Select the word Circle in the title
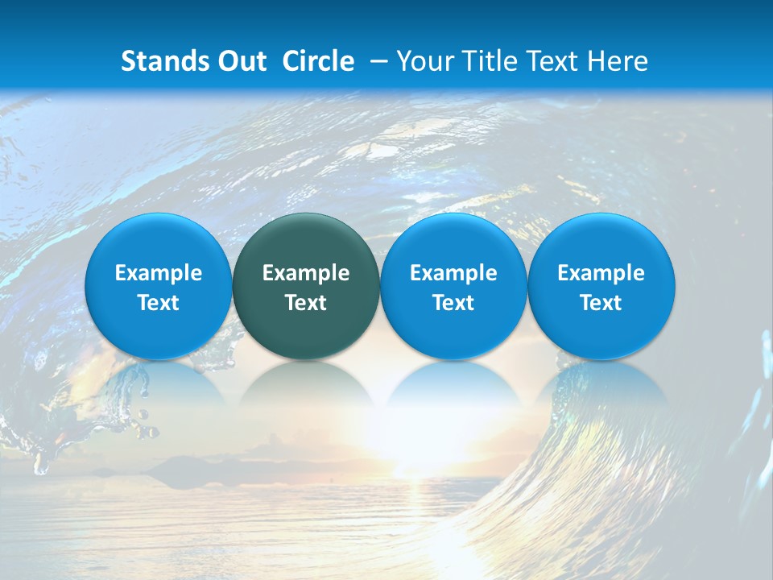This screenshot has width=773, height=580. click(x=318, y=61)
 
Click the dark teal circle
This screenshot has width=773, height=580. click(x=306, y=286)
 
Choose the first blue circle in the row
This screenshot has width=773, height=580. click(x=158, y=286)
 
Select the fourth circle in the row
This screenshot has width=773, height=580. click(x=601, y=286)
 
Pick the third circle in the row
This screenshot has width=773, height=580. click(x=453, y=286)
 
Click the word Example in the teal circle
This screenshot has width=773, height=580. click(x=306, y=273)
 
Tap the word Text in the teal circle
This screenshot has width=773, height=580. click(x=306, y=303)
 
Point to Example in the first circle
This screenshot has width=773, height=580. click(x=158, y=273)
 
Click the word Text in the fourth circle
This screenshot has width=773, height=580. click(x=601, y=303)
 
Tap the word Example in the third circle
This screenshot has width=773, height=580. click(x=453, y=273)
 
